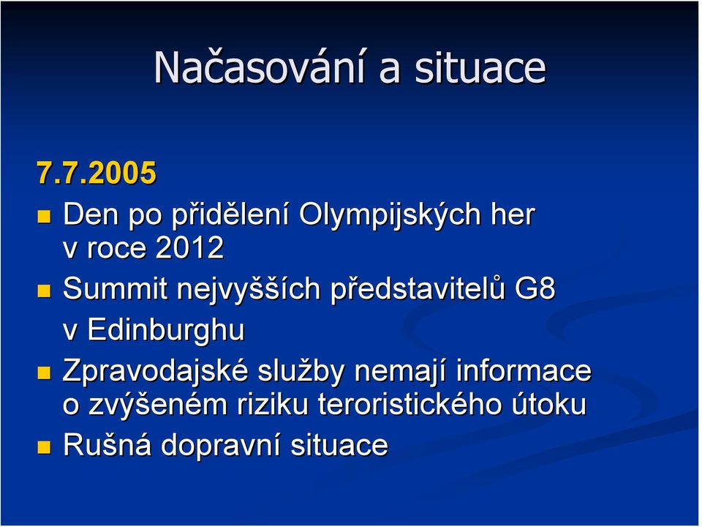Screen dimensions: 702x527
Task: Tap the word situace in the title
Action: pyautogui.click(x=480, y=67)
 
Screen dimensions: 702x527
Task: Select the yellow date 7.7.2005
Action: pyautogui.click(x=97, y=173)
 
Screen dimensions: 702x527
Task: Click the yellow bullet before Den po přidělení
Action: pyautogui.click(x=44, y=217)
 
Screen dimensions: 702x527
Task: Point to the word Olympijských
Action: pyautogui.click(x=390, y=216)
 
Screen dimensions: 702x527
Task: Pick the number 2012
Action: pyautogui.click(x=189, y=247)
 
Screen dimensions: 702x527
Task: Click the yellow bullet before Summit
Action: pyautogui.click(x=44, y=291)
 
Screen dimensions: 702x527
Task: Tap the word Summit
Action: pyautogui.click(x=115, y=288)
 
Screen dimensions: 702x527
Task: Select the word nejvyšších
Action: pyautogui.click(x=249, y=290)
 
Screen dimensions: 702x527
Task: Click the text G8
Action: pyautogui.click(x=535, y=288)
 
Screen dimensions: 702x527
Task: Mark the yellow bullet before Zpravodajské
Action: pyautogui.click(x=44, y=373)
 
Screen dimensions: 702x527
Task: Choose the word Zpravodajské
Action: pyautogui.click(x=155, y=372)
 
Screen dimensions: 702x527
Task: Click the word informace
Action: pyautogui.click(x=524, y=370)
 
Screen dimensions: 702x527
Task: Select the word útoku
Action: pyautogui.click(x=549, y=404)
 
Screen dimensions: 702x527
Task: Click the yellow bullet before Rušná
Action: pyautogui.click(x=44, y=446)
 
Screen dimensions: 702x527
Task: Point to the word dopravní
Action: pyautogui.click(x=220, y=446)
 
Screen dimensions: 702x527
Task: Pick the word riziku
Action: pyautogui.click(x=273, y=405)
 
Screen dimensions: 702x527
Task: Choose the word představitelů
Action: pyautogui.click(x=418, y=290)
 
